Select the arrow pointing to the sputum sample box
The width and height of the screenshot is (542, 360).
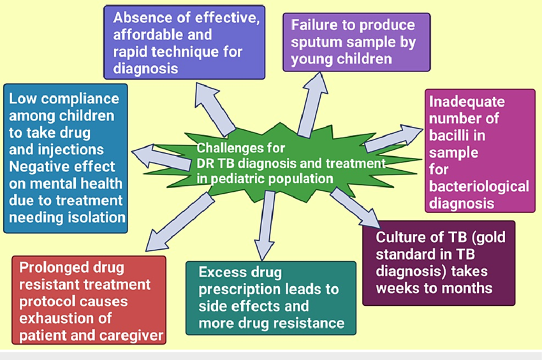312,104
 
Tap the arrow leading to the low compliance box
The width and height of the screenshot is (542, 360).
161,158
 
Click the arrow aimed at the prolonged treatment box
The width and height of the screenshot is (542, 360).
179,222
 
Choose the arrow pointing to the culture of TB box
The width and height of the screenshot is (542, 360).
355,208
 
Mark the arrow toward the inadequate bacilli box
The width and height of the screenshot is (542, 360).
393,138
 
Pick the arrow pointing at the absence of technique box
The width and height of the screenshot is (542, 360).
215,110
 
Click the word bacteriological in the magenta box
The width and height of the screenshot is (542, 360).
479,187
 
